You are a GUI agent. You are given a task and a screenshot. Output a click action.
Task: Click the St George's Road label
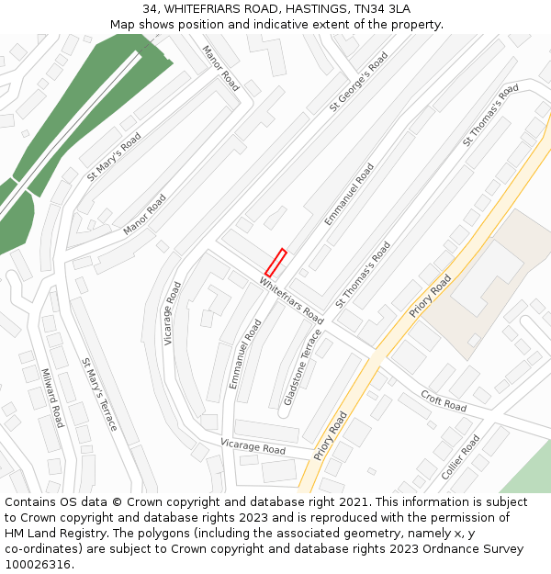click(x=359, y=82)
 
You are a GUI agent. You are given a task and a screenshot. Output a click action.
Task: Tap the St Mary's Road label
click(x=114, y=155)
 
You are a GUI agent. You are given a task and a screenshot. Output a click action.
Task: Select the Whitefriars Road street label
click(x=291, y=299)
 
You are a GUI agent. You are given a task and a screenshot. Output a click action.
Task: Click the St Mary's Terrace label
click(x=99, y=394)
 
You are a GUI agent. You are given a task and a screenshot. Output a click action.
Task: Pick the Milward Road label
click(x=52, y=398)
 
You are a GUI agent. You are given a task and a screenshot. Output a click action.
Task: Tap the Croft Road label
click(x=444, y=400)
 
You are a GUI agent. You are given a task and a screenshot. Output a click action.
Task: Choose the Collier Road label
click(x=460, y=457)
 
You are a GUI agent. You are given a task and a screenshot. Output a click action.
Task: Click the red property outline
click(x=276, y=263)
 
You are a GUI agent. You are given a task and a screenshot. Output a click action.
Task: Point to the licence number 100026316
click(x=38, y=565)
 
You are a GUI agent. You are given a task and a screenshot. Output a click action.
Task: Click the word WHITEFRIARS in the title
click(x=208, y=8)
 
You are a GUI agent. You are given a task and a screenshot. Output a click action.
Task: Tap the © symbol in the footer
click(x=116, y=502)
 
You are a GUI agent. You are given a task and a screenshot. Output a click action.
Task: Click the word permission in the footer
click(x=478, y=518)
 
